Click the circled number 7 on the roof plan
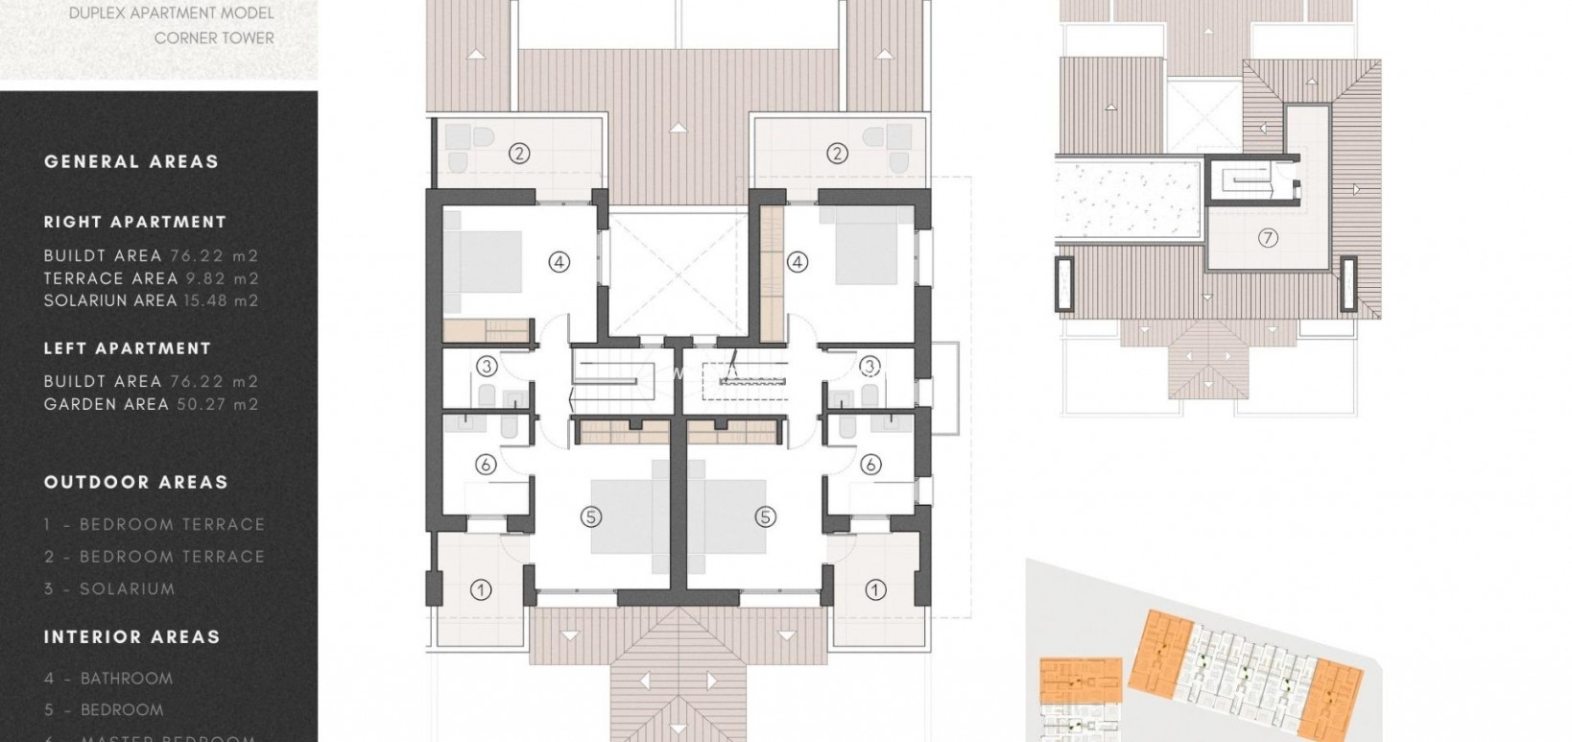(x=1268, y=238)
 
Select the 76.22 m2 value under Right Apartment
(x=214, y=256)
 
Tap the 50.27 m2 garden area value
(x=218, y=404)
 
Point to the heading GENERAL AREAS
(x=131, y=162)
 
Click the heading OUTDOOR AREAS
(x=136, y=483)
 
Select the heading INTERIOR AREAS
(x=132, y=637)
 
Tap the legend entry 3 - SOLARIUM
(x=109, y=589)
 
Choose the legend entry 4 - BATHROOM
(x=108, y=679)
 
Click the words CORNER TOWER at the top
(x=214, y=38)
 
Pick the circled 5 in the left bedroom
(x=590, y=516)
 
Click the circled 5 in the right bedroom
(x=765, y=516)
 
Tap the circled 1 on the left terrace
(x=481, y=590)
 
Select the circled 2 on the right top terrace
(x=837, y=153)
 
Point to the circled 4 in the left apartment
(x=559, y=261)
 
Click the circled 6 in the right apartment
(x=870, y=465)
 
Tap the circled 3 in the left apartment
(x=487, y=366)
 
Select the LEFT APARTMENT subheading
(x=128, y=348)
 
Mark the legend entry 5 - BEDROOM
(x=104, y=710)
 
